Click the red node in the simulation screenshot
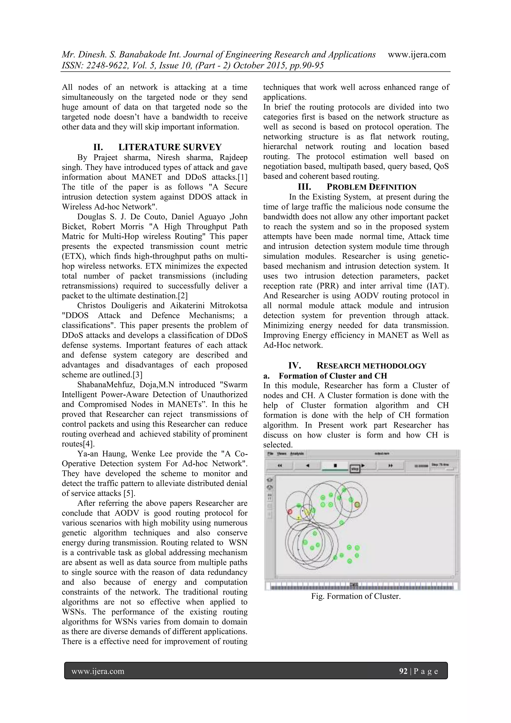coord(290,512)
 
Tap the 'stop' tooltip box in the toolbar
coord(355,469)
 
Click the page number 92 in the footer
coord(403,671)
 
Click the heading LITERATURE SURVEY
coord(170,147)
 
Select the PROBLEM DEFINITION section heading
coord(371,187)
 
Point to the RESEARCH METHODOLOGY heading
coord(371,366)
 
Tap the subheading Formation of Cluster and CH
coord(333,376)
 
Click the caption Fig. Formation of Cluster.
coord(356,596)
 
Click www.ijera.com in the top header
coord(417,54)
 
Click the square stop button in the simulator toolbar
coord(335,465)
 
